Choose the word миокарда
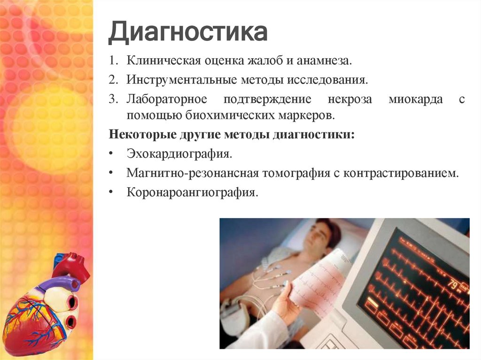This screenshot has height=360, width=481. pos(415,99)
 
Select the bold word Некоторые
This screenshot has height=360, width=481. pos(142,134)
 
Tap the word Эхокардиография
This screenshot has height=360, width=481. pos(179,154)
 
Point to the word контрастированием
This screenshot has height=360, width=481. pos(401,173)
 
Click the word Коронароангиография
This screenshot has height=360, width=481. pos(192,192)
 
